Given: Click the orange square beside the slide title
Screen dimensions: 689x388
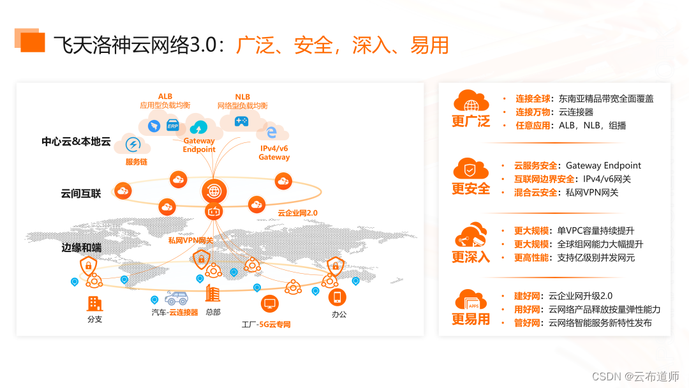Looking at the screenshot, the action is [32, 41].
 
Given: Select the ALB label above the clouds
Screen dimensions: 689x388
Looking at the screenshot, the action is [165, 96].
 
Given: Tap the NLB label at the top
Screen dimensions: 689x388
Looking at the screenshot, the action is [242, 96].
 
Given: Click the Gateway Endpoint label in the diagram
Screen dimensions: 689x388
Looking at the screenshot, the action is [199, 145].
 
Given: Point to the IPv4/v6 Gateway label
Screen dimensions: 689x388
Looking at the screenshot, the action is [274, 153].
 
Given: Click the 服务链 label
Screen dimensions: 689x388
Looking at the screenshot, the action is [137, 162].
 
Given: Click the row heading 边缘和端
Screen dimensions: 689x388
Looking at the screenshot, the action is [81, 248].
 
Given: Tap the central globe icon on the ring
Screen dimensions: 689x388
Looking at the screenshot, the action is [214, 190].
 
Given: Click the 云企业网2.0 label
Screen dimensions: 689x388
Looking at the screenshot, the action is [297, 213].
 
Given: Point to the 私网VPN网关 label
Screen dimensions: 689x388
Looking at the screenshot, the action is [191, 241].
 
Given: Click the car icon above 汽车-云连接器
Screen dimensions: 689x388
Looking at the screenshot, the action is [176, 298].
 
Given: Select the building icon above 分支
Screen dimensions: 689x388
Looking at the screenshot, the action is [95, 303].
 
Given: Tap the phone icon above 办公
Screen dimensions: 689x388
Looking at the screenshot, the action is [338, 297].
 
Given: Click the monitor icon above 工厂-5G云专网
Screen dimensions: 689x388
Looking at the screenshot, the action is [269, 304].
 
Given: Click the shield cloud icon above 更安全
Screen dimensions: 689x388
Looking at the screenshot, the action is [470, 169].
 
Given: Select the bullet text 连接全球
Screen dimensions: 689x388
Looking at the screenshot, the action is [533, 99].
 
